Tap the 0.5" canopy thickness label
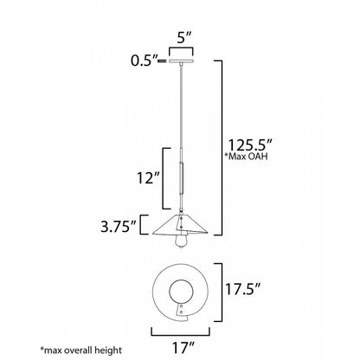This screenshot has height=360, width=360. (145, 61)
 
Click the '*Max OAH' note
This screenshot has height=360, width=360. (246, 156)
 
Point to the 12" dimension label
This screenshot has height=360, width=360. (148, 178)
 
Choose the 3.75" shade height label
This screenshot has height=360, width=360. (119, 227)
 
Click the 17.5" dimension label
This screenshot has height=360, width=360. (243, 290)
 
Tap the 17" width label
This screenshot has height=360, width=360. (183, 347)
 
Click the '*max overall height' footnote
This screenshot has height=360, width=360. (81, 350)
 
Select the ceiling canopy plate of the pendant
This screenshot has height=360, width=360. (181, 61)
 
